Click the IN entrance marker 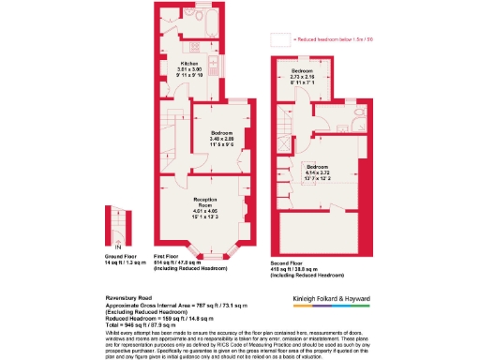(117, 246)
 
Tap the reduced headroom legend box (280, 39)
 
